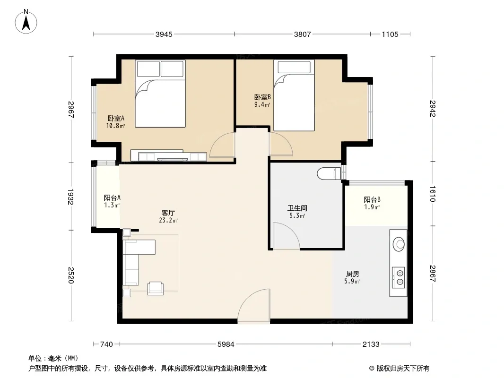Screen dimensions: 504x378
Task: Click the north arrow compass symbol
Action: coord(26,22)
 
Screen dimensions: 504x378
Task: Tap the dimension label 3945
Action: coord(164,34)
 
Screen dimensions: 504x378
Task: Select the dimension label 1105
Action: coord(390,34)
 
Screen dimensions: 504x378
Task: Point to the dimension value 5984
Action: coord(226,344)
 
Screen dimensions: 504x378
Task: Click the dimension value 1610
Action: coord(432,194)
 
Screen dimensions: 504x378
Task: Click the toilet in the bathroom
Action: coord(329,174)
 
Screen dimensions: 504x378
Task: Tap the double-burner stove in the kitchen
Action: coord(399,277)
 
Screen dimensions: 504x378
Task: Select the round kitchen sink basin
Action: coord(399,244)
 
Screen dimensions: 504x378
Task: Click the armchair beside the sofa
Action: coord(155,288)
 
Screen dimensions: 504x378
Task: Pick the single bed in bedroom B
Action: coord(294,95)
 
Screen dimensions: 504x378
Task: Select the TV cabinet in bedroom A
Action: coord(169,156)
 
